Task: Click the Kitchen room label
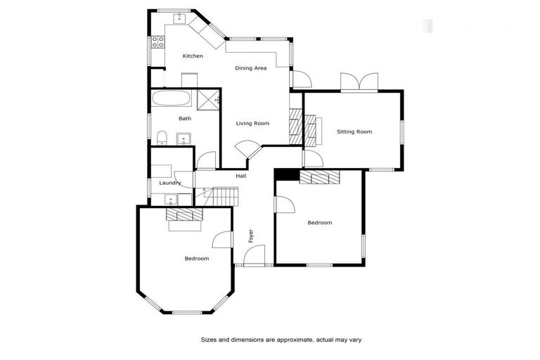pos(193,56)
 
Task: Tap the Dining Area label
pos(250,68)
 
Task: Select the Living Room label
pos(252,123)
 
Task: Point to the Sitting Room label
pos(354,131)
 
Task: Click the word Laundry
pos(170,183)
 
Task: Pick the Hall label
pos(241,176)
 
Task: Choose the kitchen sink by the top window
pos(179,16)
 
